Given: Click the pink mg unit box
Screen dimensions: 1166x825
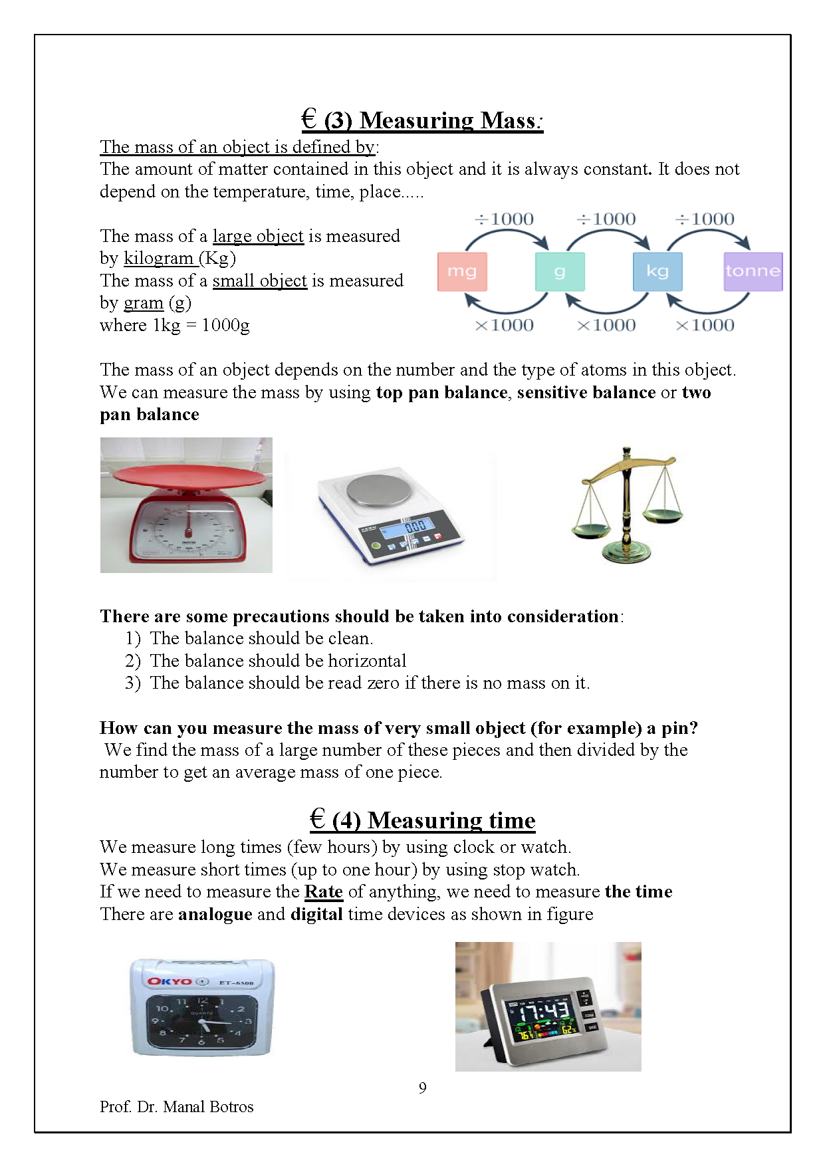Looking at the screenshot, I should click(462, 271).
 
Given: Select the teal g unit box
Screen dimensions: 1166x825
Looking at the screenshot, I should click(560, 271).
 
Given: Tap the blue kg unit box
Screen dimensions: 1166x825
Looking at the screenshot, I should click(657, 271).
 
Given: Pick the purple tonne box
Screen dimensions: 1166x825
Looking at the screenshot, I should click(753, 271).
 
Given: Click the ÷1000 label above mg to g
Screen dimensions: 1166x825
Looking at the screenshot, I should click(505, 219).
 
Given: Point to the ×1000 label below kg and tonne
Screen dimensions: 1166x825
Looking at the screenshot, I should click(705, 326).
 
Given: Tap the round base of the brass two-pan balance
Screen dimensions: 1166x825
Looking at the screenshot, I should click(626, 550).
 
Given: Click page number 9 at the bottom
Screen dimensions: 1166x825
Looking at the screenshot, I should click(423, 1088).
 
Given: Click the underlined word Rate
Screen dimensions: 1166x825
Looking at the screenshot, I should click(323, 891).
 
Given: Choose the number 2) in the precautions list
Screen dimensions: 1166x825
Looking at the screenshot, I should click(132, 661).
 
